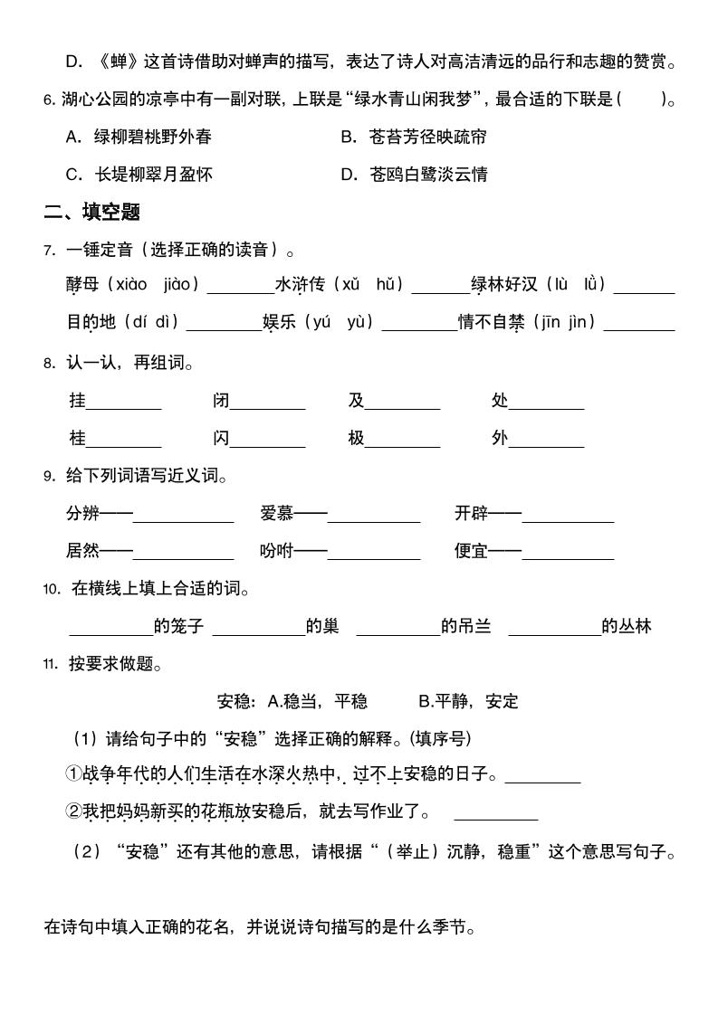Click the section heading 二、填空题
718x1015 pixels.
pyautogui.click(x=92, y=213)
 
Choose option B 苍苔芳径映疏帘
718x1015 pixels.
pyautogui.click(x=414, y=137)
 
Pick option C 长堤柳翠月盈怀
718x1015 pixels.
pyautogui.click(x=139, y=175)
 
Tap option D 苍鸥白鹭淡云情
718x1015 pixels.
pyautogui.click(x=414, y=175)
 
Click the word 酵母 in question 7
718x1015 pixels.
pyautogui.click(x=82, y=284)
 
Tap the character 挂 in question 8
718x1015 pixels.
pyautogui.click(x=77, y=400)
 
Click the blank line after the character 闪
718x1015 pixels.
pyautogui.click(x=268, y=441)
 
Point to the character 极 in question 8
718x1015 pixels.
pyautogui.click(x=356, y=438)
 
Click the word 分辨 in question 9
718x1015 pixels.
pyautogui.click(x=82, y=514)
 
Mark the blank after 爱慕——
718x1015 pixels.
pyautogui.click(x=374, y=517)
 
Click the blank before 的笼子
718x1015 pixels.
pyautogui.click(x=110, y=631)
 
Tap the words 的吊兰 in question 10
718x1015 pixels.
pyautogui.click(x=466, y=626)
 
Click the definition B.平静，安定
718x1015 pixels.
pyautogui.click(x=468, y=701)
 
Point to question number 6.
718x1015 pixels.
pyautogui.click(x=49, y=100)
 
